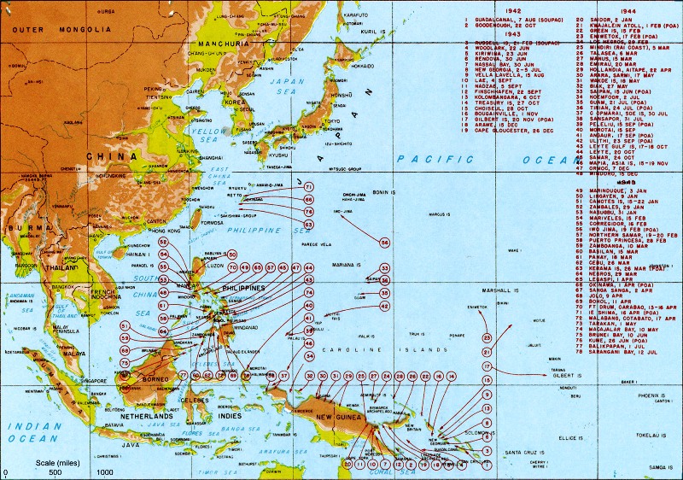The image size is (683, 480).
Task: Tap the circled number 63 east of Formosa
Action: click(308, 225)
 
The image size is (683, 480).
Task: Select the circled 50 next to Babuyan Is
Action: click(232, 255)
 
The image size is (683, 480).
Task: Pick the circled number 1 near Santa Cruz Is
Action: click(487, 465)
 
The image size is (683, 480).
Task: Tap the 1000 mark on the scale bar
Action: click(104, 471)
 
